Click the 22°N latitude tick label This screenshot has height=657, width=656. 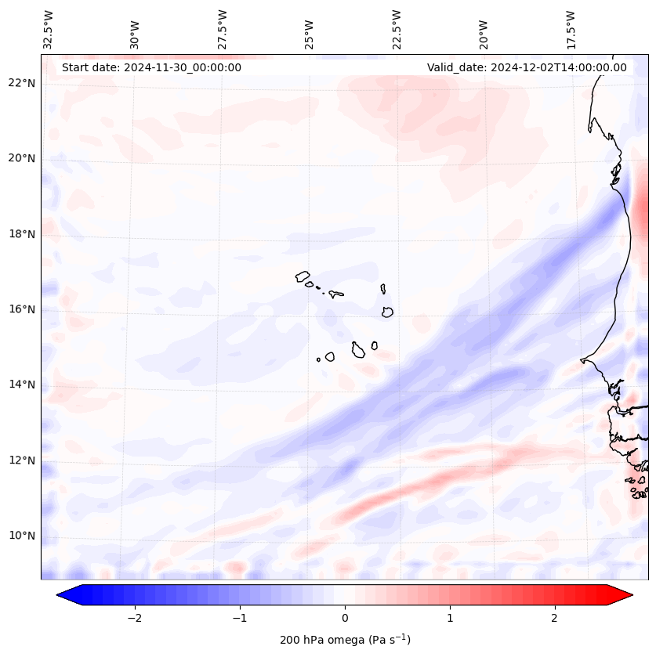click(x=22, y=83)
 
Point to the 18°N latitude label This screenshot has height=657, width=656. click(x=22, y=234)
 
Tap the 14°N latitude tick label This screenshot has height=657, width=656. click(x=22, y=384)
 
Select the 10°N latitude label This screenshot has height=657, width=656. click(x=22, y=536)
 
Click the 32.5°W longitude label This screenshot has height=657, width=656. click(x=49, y=29)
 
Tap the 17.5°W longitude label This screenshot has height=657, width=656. click(x=571, y=29)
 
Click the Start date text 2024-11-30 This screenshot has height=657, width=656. click(x=151, y=67)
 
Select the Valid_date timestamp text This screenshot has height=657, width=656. click(x=527, y=67)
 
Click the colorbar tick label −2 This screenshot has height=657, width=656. click(x=133, y=618)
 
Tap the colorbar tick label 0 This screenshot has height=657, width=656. click(x=345, y=618)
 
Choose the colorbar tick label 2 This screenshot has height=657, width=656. click(x=555, y=618)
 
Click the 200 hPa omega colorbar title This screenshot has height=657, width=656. click(x=345, y=640)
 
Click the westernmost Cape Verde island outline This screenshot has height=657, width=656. click(x=303, y=276)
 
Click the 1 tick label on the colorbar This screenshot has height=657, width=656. click(x=450, y=618)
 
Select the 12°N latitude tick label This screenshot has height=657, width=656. click(x=22, y=460)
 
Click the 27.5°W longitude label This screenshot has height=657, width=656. click(x=223, y=29)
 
